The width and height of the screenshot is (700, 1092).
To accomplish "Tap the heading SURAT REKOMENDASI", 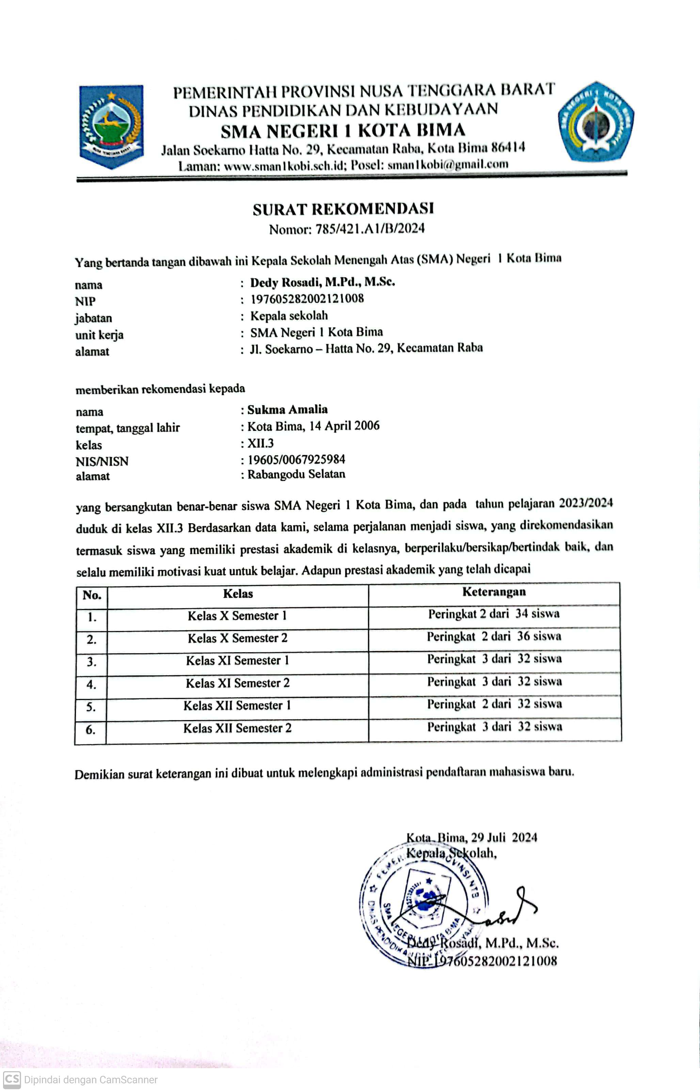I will [x=343, y=209].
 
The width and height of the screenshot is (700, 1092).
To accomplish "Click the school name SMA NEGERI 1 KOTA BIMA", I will [x=343, y=130].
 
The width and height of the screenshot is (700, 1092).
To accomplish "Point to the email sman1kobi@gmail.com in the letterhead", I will [x=448, y=165].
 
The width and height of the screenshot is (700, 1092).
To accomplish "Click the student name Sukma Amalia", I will [x=287, y=410].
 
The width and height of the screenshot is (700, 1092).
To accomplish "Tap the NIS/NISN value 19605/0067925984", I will [x=296, y=459].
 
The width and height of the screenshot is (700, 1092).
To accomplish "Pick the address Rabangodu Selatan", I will [x=296, y=474].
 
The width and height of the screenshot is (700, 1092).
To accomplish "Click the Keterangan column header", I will [x=494, y=592].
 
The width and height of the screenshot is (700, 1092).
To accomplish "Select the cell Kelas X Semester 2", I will [x=237, y=638].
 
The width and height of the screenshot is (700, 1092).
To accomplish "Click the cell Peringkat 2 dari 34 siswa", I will [x=494, y=614].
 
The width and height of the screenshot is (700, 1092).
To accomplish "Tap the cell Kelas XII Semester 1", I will [x=237, y=705].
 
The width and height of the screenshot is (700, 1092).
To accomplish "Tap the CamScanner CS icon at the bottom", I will [x=12, y=1079].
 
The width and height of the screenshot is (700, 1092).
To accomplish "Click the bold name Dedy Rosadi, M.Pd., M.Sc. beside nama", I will [x=323, y=282].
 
